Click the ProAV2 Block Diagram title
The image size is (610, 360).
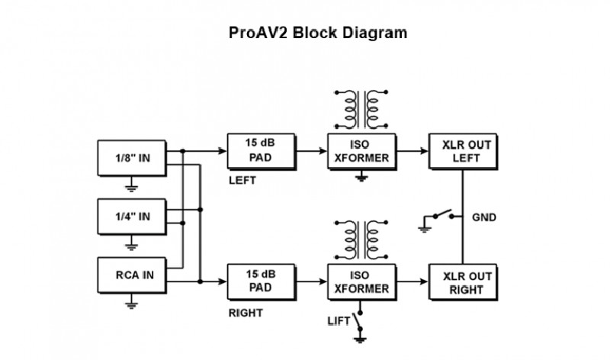coord(318,34)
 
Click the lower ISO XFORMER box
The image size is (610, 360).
coord(361,283)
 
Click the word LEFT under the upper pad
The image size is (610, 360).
coord(243,182)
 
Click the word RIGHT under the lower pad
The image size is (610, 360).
coord(246,313)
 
